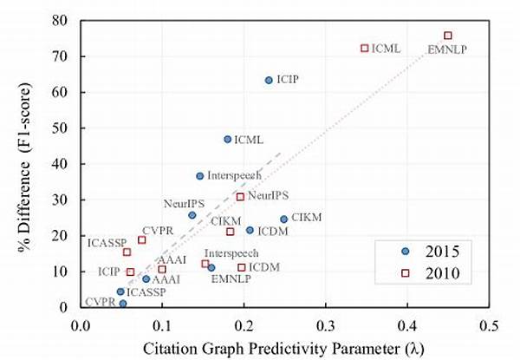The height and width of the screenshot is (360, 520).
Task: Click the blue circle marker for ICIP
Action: click(x=269, y=80)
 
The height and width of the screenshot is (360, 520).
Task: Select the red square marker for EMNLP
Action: click(x=448, y=36)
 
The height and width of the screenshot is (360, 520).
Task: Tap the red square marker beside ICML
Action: click(x=365, y=48)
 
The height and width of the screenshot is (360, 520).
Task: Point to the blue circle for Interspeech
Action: click(x=200, y=176)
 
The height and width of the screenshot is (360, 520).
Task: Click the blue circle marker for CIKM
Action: click(x=283, y=219)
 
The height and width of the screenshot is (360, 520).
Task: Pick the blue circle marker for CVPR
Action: click(x=123, y=304)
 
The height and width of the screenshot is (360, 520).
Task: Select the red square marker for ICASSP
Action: click(x=127, y=252)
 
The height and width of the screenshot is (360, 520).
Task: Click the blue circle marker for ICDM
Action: click(x=250, y=230)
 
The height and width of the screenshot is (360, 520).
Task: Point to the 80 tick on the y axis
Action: click(x=61, y=20)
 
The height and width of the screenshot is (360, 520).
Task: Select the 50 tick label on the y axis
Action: click(x=61, y=128)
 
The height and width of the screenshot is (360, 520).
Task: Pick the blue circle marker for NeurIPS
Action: click(x=192, y=215)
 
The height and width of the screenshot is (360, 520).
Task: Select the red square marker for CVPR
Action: click(x=142, y=240)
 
